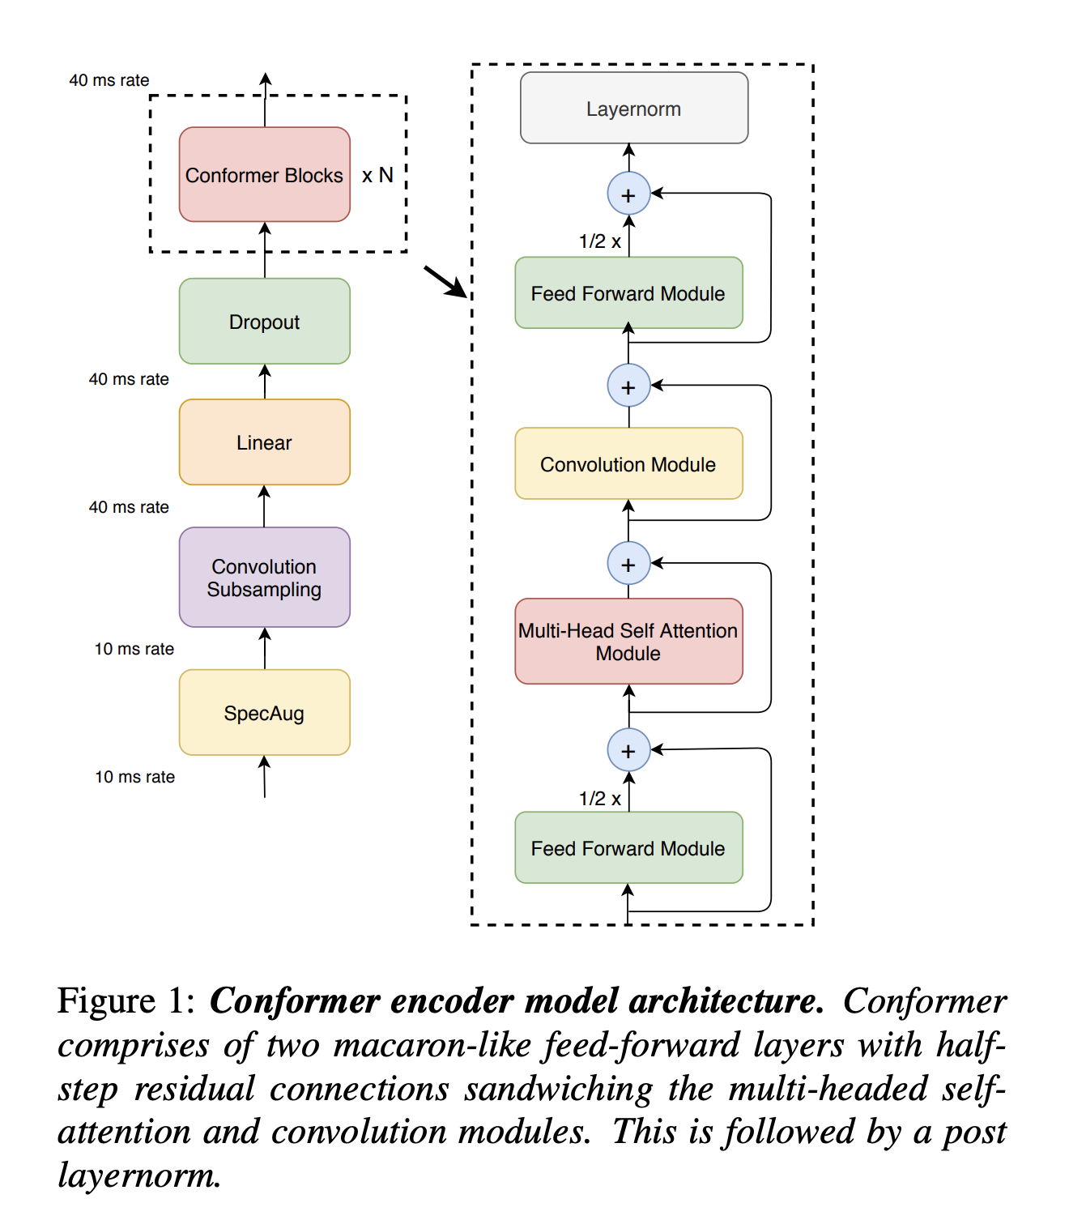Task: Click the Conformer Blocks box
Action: (264, 174)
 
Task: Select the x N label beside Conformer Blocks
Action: (377, 175)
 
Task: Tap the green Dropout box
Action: (264, 322)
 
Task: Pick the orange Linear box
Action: (264, 442)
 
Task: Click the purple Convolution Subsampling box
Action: (264, 578)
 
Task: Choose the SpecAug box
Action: (264, 713)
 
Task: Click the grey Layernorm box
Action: (633, 109)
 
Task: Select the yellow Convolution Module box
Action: (628, 464)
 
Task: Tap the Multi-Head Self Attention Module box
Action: (628, 642)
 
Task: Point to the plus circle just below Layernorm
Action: (628, 194)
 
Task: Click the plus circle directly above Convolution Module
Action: (628, 386)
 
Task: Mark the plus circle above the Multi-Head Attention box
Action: (628, 564)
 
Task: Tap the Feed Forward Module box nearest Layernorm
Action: (628, 293)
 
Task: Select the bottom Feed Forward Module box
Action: (628, 848)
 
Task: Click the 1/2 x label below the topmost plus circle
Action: (600, 241)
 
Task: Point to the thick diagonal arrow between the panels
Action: (445, 282)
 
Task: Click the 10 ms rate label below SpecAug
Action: (134, 777)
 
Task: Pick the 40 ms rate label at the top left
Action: (109, 80)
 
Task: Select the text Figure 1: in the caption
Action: (126, 1001)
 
